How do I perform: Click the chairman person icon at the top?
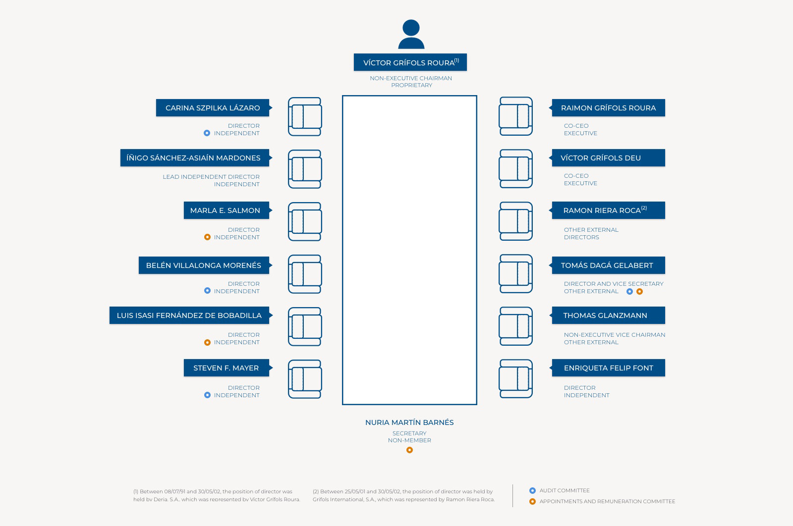[x=411, y=34]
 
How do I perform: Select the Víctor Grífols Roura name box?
[x=410, y=62]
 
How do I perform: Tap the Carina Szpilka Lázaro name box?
[x=213, y=107]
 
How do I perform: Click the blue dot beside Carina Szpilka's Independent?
[x=207, y=133]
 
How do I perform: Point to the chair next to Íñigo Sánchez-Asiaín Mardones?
[x=305, y=169]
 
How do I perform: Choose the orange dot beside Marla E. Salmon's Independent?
[x=208, y=237]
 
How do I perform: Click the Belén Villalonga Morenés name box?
[x=204, y=265]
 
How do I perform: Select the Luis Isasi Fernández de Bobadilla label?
[x=189, y=315]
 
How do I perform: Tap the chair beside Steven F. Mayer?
[x=305, y=379]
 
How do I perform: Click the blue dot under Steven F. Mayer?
[x=208, y=395]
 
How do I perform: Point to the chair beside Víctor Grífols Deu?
[x=516, y=169]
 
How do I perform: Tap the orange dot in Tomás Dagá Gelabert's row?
[x=640, y=291]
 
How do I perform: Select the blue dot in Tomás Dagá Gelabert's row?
[x=630, y=291]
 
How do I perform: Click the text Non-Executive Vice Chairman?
[x=615, y=335]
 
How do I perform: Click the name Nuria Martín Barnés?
[x=409, y=422]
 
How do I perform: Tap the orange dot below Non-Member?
[x=409, y=450]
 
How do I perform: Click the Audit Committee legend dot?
[x=532, y=491]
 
